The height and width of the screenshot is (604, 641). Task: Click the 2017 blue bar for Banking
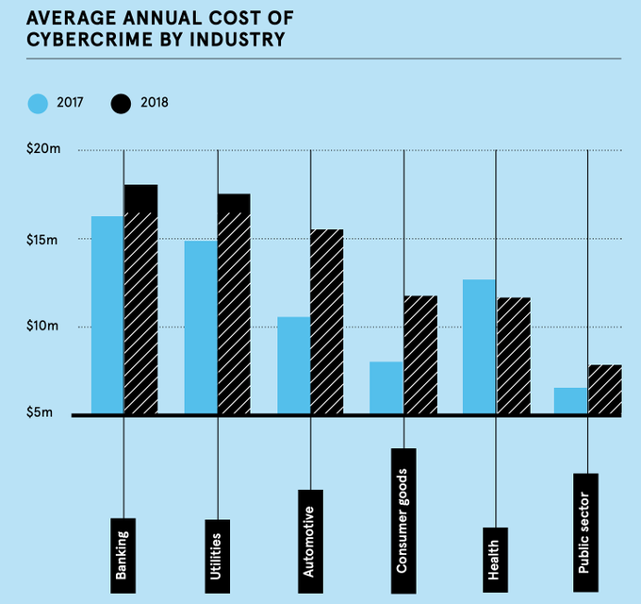(x=107, y=314)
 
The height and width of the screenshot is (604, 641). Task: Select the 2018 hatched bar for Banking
(x=141, y=299)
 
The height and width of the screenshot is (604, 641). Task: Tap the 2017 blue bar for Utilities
(x=201, y=327)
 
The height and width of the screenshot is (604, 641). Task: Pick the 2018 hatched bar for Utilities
(x=234, y=304)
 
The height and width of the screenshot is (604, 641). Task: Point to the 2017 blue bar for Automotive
(x=293, y=365)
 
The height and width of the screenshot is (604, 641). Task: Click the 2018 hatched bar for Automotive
(x=327, y=321)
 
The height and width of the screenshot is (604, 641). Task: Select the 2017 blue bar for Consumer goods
(x=386, y=388)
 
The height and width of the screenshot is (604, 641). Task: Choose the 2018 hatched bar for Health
(x=514, y=356)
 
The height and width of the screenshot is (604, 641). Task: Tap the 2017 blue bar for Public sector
(x=570, y=400)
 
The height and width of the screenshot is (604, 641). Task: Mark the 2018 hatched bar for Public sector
(x=605, y=389)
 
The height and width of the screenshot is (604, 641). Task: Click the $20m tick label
(x=43, y=148)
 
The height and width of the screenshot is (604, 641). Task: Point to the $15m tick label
(x=42, y=240)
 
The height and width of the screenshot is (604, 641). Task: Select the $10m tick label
(x=42, y=326)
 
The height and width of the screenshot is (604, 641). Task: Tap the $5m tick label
(x=40, y=412)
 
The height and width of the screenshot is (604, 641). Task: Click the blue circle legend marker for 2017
(x=38, y=104)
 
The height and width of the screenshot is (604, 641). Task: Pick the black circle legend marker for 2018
(x=121, y=104)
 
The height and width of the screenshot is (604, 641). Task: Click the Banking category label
(x=123, y=555)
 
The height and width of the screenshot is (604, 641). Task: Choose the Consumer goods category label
(x=403, y=521)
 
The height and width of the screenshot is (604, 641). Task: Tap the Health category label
(x=495, y=560)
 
